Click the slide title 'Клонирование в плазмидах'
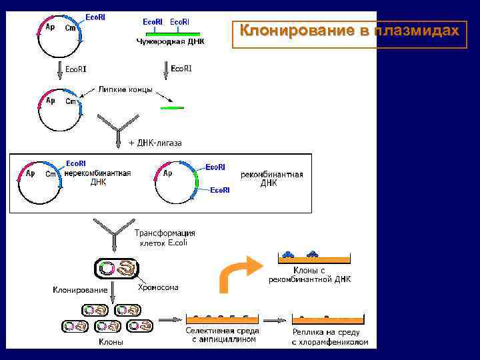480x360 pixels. pos(350,31)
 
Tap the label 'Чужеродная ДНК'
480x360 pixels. pos(171,41)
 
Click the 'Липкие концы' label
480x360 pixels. pos(125,89)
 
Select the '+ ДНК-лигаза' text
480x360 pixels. pos(155,143)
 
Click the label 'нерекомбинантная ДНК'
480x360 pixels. pos(98,177)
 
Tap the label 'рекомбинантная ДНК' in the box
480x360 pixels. pos(271,179)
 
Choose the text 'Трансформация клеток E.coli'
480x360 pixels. pos(165,238)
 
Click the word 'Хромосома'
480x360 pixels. pos(158,288)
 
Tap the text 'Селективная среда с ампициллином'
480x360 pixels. pos(222,335)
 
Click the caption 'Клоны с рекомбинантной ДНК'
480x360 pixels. pos(309,275)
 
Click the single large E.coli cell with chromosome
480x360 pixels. pos(116,269)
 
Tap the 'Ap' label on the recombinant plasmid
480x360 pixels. pos(168,173)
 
